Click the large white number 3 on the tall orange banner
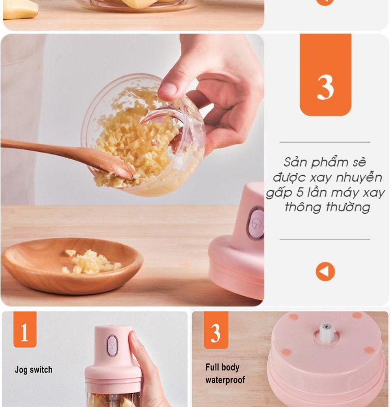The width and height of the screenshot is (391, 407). [325, 87]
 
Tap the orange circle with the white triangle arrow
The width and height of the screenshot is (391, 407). [325, 271]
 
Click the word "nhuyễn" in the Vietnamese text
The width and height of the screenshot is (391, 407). [359, 178]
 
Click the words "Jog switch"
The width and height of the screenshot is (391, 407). [33, 370]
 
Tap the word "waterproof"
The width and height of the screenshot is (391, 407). [225, 380]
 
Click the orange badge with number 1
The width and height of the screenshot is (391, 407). [25, 329]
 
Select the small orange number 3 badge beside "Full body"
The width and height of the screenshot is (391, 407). [216, 330]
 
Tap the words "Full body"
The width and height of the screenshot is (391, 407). [222, 368]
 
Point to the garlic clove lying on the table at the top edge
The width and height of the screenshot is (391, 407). [21, 9]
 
